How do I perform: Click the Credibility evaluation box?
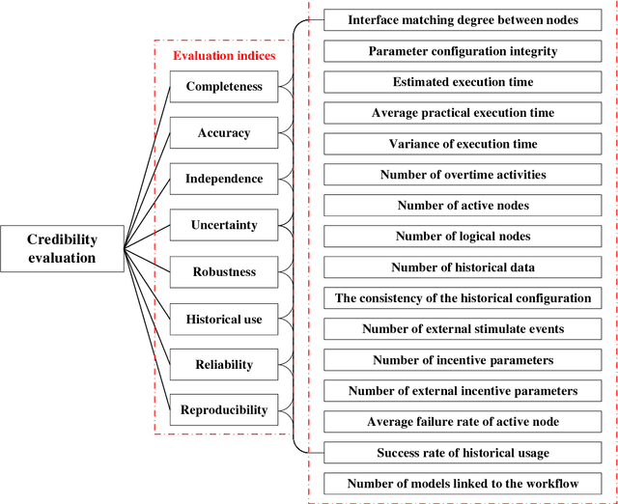pos(62,248)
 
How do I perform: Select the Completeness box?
pos(224,86)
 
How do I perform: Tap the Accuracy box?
pos(224,132)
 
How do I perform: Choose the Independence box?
pos(224,179)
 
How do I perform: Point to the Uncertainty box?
pos(224,225)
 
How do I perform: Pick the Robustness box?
pos(224,271)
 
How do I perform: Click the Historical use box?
pos(224,318)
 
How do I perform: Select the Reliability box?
pos(224,364)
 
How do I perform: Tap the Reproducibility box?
pos(224,410)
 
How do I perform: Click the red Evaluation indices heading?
pos(224,55)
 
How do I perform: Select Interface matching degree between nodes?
pos(463,19)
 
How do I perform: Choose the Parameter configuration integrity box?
pos(463,50)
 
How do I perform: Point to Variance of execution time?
pos(463,144)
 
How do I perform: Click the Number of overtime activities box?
pos(463,175)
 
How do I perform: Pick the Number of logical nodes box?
pos(463,237)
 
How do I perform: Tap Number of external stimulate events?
pos(463,329)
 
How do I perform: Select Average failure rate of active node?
pos(463,422)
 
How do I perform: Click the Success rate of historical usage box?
pos(463,453)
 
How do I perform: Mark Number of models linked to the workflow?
pos(463,484)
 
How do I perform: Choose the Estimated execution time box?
pos(463,82)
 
